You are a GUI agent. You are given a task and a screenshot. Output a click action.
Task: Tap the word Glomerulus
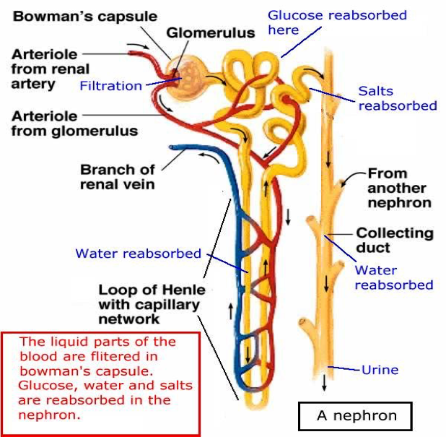[x=210, y=33]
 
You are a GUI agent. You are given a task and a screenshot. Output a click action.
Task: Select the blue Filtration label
[x=111, y=86]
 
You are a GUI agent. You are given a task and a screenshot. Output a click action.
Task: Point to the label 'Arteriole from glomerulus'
[x=74, y=123]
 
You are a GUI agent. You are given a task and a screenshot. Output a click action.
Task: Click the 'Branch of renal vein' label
[x=118, y=177]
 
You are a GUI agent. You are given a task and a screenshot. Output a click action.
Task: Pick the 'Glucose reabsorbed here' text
[x=337, y=22]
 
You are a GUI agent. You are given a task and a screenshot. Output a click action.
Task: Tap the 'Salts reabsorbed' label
[x=398, y=98]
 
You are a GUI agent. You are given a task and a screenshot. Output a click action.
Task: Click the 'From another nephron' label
[x=399, y=188]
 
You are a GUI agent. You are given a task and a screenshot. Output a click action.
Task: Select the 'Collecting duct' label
[x=394, y=241]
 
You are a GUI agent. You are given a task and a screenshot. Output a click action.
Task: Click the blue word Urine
[x=380, y=370]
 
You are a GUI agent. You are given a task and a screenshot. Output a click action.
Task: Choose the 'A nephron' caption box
[x=357, y=416]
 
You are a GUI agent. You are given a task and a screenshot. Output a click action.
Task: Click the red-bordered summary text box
[x=100, y=384]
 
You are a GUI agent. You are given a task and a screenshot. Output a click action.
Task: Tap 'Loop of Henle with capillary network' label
[x=152, y=304]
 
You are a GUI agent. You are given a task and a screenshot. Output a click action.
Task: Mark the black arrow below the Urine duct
[x=324, y=383]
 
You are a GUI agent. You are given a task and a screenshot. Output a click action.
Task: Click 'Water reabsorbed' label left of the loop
[x=138, y=254]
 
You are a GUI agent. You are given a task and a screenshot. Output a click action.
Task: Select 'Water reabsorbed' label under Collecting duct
[x=393, y=277]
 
